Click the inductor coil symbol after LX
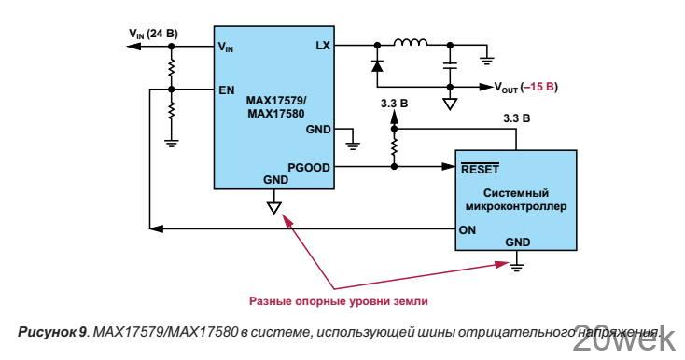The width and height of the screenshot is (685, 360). [412, 43]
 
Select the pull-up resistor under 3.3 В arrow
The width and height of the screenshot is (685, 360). [392, 146]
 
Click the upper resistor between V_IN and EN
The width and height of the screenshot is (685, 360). [170, 67]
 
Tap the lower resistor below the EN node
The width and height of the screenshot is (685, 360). [170, 113]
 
